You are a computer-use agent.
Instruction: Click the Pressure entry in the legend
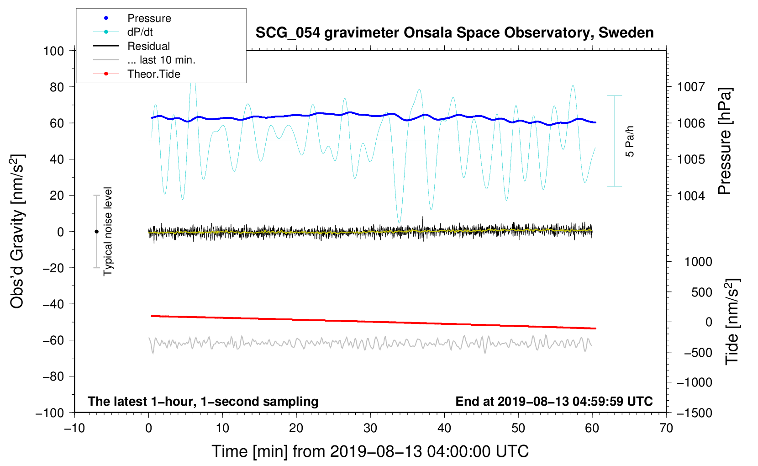tap(149, 18)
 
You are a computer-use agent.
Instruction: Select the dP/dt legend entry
tap(140, 32)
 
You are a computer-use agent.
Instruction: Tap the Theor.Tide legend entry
tap(153, 74)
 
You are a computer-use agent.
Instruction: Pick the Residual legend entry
tap(148, 46)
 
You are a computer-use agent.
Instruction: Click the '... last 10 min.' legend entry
tap(161, 60)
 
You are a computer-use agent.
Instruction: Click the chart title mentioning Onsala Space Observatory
tap(454, 33)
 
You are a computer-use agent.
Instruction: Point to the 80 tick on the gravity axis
tap(54, 87)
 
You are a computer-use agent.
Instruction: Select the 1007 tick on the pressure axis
tap(691, 87)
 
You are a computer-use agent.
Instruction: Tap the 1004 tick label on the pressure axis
tap(691, 196)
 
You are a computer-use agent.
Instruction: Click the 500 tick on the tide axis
tap(701, 292)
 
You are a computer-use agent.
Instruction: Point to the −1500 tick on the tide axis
tap(694, 413)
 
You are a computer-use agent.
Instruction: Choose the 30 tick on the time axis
tap(370, 428)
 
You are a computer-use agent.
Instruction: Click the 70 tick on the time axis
tap(666, 428)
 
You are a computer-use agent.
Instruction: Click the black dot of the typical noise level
tap(96, 232)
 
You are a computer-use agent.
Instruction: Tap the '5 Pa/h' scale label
tap(630, 141)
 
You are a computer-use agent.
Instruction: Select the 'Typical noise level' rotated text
tap(108, 231)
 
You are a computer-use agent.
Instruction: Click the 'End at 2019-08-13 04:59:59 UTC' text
tap(554, 401)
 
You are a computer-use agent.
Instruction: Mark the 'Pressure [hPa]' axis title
tap(725, 141)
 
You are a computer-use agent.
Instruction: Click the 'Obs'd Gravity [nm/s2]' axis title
tap(17, 231)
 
